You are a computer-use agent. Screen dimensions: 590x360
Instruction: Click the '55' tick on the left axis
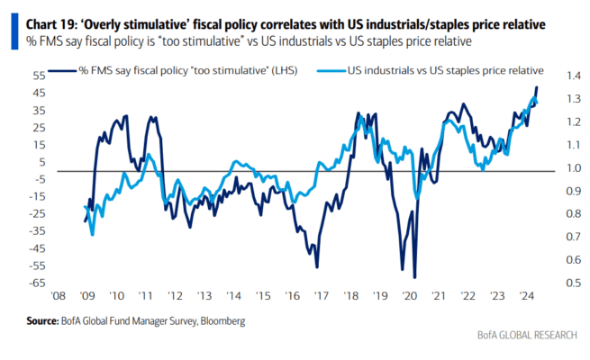tap(40, 76)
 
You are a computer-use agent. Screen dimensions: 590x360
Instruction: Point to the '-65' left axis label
tap(37, 283)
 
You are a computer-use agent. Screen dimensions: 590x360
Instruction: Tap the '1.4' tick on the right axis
tap(574, 76)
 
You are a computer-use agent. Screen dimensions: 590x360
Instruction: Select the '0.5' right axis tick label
tap(574, 283)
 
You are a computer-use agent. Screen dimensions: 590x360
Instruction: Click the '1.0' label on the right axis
tap(574, 168)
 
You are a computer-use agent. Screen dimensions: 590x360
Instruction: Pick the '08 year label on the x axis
tap(58, 296)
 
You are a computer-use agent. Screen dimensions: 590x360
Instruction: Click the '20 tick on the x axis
tap(409, 296)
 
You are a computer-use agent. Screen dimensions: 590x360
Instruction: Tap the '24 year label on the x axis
tap(526, 296)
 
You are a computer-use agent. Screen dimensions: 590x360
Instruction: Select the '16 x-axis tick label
tap(293, 296)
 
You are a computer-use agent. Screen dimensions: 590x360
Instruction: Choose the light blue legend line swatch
tap(331, 70)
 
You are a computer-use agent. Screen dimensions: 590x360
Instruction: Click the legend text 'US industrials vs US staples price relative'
tap(446, 70)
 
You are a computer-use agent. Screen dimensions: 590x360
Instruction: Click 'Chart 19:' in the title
tap(50, 25)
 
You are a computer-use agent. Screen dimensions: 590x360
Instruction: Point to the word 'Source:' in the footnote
tap(42, 321)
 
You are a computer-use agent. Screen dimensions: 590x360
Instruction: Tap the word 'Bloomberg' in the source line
tap(222, 321)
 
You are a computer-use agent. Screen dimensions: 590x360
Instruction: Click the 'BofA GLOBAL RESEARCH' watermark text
tap(527, 335)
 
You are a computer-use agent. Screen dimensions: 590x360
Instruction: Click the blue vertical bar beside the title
tap(14, 31)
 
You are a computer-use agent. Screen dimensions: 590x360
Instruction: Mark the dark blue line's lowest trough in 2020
tap(414, 277)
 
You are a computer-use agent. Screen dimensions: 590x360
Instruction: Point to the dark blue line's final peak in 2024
tap(537, 87)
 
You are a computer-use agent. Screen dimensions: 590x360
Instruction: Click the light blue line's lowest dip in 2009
tap(92, 235)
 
